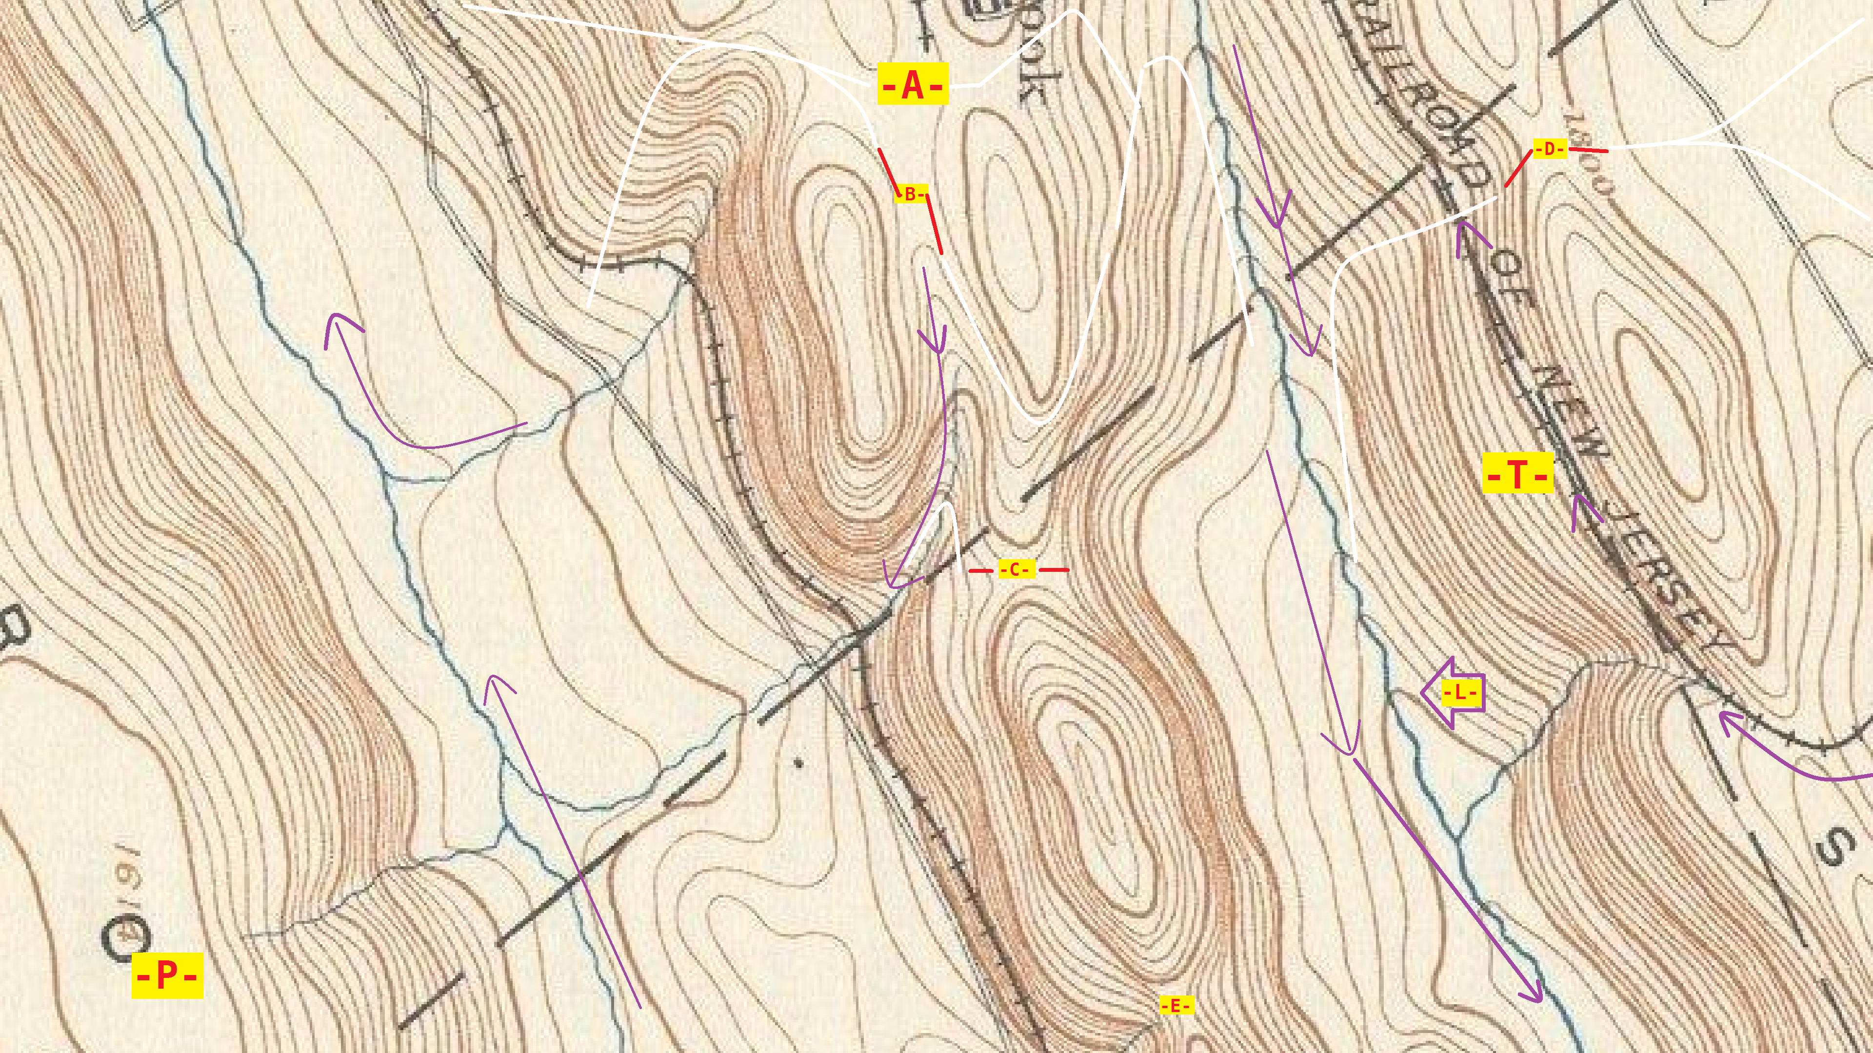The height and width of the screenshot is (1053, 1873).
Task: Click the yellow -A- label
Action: pyautogui.click(x=913, y=84)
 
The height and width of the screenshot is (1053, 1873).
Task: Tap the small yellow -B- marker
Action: pyautogui.click(x=910, y=194)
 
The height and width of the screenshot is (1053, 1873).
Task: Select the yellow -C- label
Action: pyautogui.click(x=1015, y=570)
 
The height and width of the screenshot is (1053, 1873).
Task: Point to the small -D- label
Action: pyautogui.click(x=1550, y=149)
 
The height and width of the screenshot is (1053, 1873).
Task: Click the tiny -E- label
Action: pyautogui.click(x=1176, y=1006)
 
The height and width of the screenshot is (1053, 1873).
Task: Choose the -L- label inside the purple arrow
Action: pyautogui.click(x=1460, y=693)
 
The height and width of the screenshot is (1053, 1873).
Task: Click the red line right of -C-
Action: pyautogui.click(x=1054, y=570)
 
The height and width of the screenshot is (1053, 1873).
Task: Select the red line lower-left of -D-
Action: pyautogui.click(x=1518, y=168)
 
